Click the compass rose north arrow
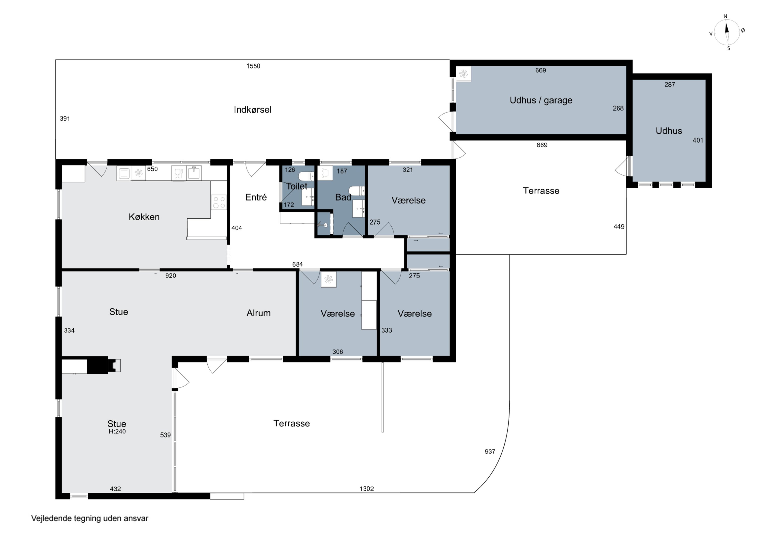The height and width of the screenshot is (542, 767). click(x=727, y=32)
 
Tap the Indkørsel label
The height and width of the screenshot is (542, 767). click(x=253, y=110)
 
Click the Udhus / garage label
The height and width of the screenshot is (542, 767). click(x=541, y=100)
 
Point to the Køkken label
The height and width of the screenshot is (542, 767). click(x=144, y=217)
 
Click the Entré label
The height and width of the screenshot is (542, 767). click(x=256, y=197)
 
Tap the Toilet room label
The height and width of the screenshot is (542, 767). click(x=297, y=186)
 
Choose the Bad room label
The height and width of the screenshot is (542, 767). click(x=343, y=197)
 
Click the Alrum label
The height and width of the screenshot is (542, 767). click(x=258, y=313)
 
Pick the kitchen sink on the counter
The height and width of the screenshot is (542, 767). click(x=194, y=173)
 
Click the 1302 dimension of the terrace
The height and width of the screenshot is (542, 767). click(x=366, y=489)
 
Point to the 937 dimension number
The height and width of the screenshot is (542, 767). click(x=490, y=452)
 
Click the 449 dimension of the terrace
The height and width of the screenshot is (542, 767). click(x=619, y=226)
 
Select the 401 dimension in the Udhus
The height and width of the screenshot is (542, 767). click(x=698, y=140)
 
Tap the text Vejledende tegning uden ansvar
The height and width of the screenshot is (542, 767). click(x=89, y=518)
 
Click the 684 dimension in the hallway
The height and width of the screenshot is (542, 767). click(x=297, y=264)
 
